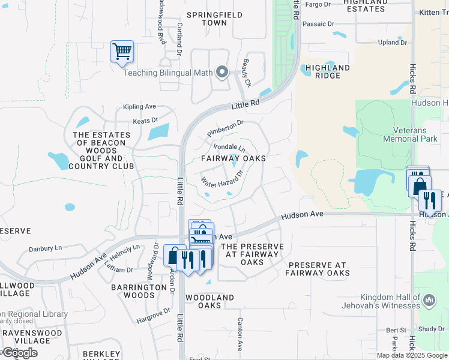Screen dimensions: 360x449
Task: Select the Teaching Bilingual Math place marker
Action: (x=222, y=73)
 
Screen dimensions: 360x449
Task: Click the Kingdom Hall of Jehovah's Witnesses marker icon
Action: (x=429, y=300)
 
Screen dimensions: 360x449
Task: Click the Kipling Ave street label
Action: (x=139, y=107)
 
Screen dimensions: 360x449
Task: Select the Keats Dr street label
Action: (x=145, y=121)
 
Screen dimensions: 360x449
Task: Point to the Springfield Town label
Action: (x=207, y=19)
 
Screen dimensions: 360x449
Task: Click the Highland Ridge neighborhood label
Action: (x=327, y=71)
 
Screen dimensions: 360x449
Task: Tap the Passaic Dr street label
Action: (x=318, y=24)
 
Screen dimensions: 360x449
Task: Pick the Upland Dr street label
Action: (x=393, y=43)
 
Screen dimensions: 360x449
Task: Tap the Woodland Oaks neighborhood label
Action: (x=209, y=301)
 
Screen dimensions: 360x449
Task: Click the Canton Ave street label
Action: (x=240, y=334)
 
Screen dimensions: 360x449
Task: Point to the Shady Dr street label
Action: (x=431, y=329)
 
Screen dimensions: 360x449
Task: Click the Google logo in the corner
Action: (x=19, y=353)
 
